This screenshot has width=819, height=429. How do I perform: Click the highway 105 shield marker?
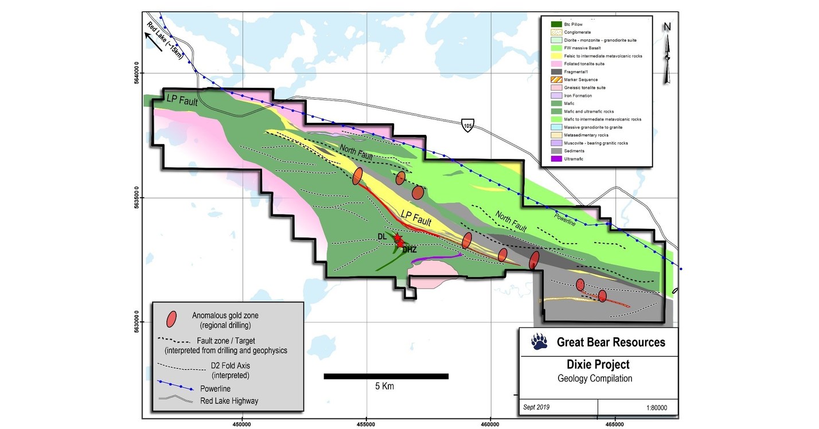(468, 125)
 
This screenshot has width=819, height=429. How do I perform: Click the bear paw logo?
(540, 342)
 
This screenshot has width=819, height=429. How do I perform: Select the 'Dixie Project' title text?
(598, 365)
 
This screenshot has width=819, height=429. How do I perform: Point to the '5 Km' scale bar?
(386, 376)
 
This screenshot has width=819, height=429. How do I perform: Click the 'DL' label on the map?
(382, 236)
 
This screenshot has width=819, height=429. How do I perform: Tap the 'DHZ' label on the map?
(409, 249)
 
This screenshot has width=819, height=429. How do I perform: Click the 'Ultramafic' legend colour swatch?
(556, 159)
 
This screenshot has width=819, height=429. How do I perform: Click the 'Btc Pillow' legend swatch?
(556, 24)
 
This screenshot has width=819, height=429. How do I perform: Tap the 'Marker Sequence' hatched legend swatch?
(556, 80)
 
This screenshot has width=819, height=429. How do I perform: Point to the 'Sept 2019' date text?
(536, 407)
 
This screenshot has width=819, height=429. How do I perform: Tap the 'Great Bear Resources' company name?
(611, 342)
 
